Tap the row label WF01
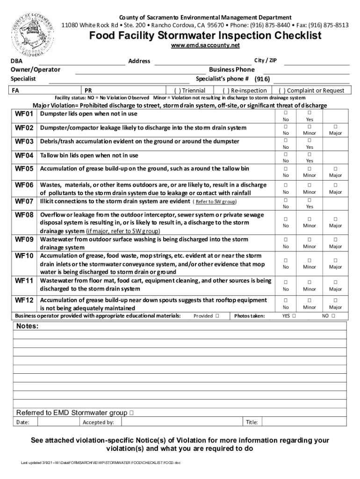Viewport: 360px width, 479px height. [24, 114]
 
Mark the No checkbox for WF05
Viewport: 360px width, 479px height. [286, 169]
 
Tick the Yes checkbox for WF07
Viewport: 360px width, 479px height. [309, 200]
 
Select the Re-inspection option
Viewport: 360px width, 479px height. [245, 90]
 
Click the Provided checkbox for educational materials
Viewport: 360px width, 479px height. [218, 316]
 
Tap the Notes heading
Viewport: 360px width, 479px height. [28, 326]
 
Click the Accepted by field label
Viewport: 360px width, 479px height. [98, 422]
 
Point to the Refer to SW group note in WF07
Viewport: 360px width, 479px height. [216, 202]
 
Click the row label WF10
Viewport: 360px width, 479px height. [24, 256]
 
